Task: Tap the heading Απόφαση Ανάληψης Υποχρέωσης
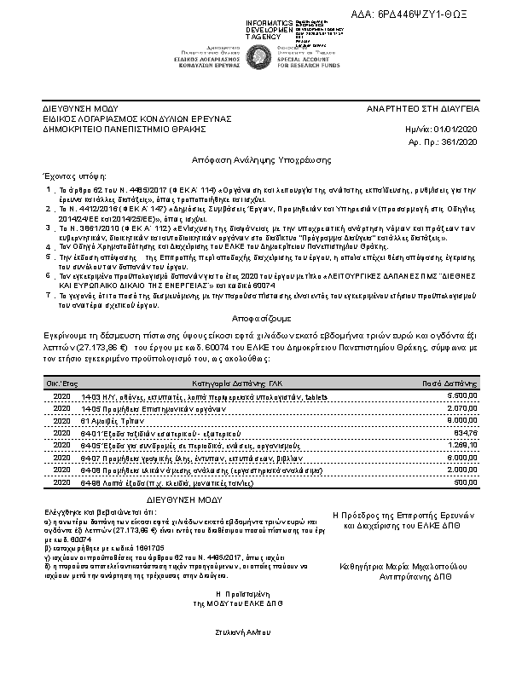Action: pos(261,160)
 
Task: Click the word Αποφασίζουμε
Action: pos(261,312)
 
